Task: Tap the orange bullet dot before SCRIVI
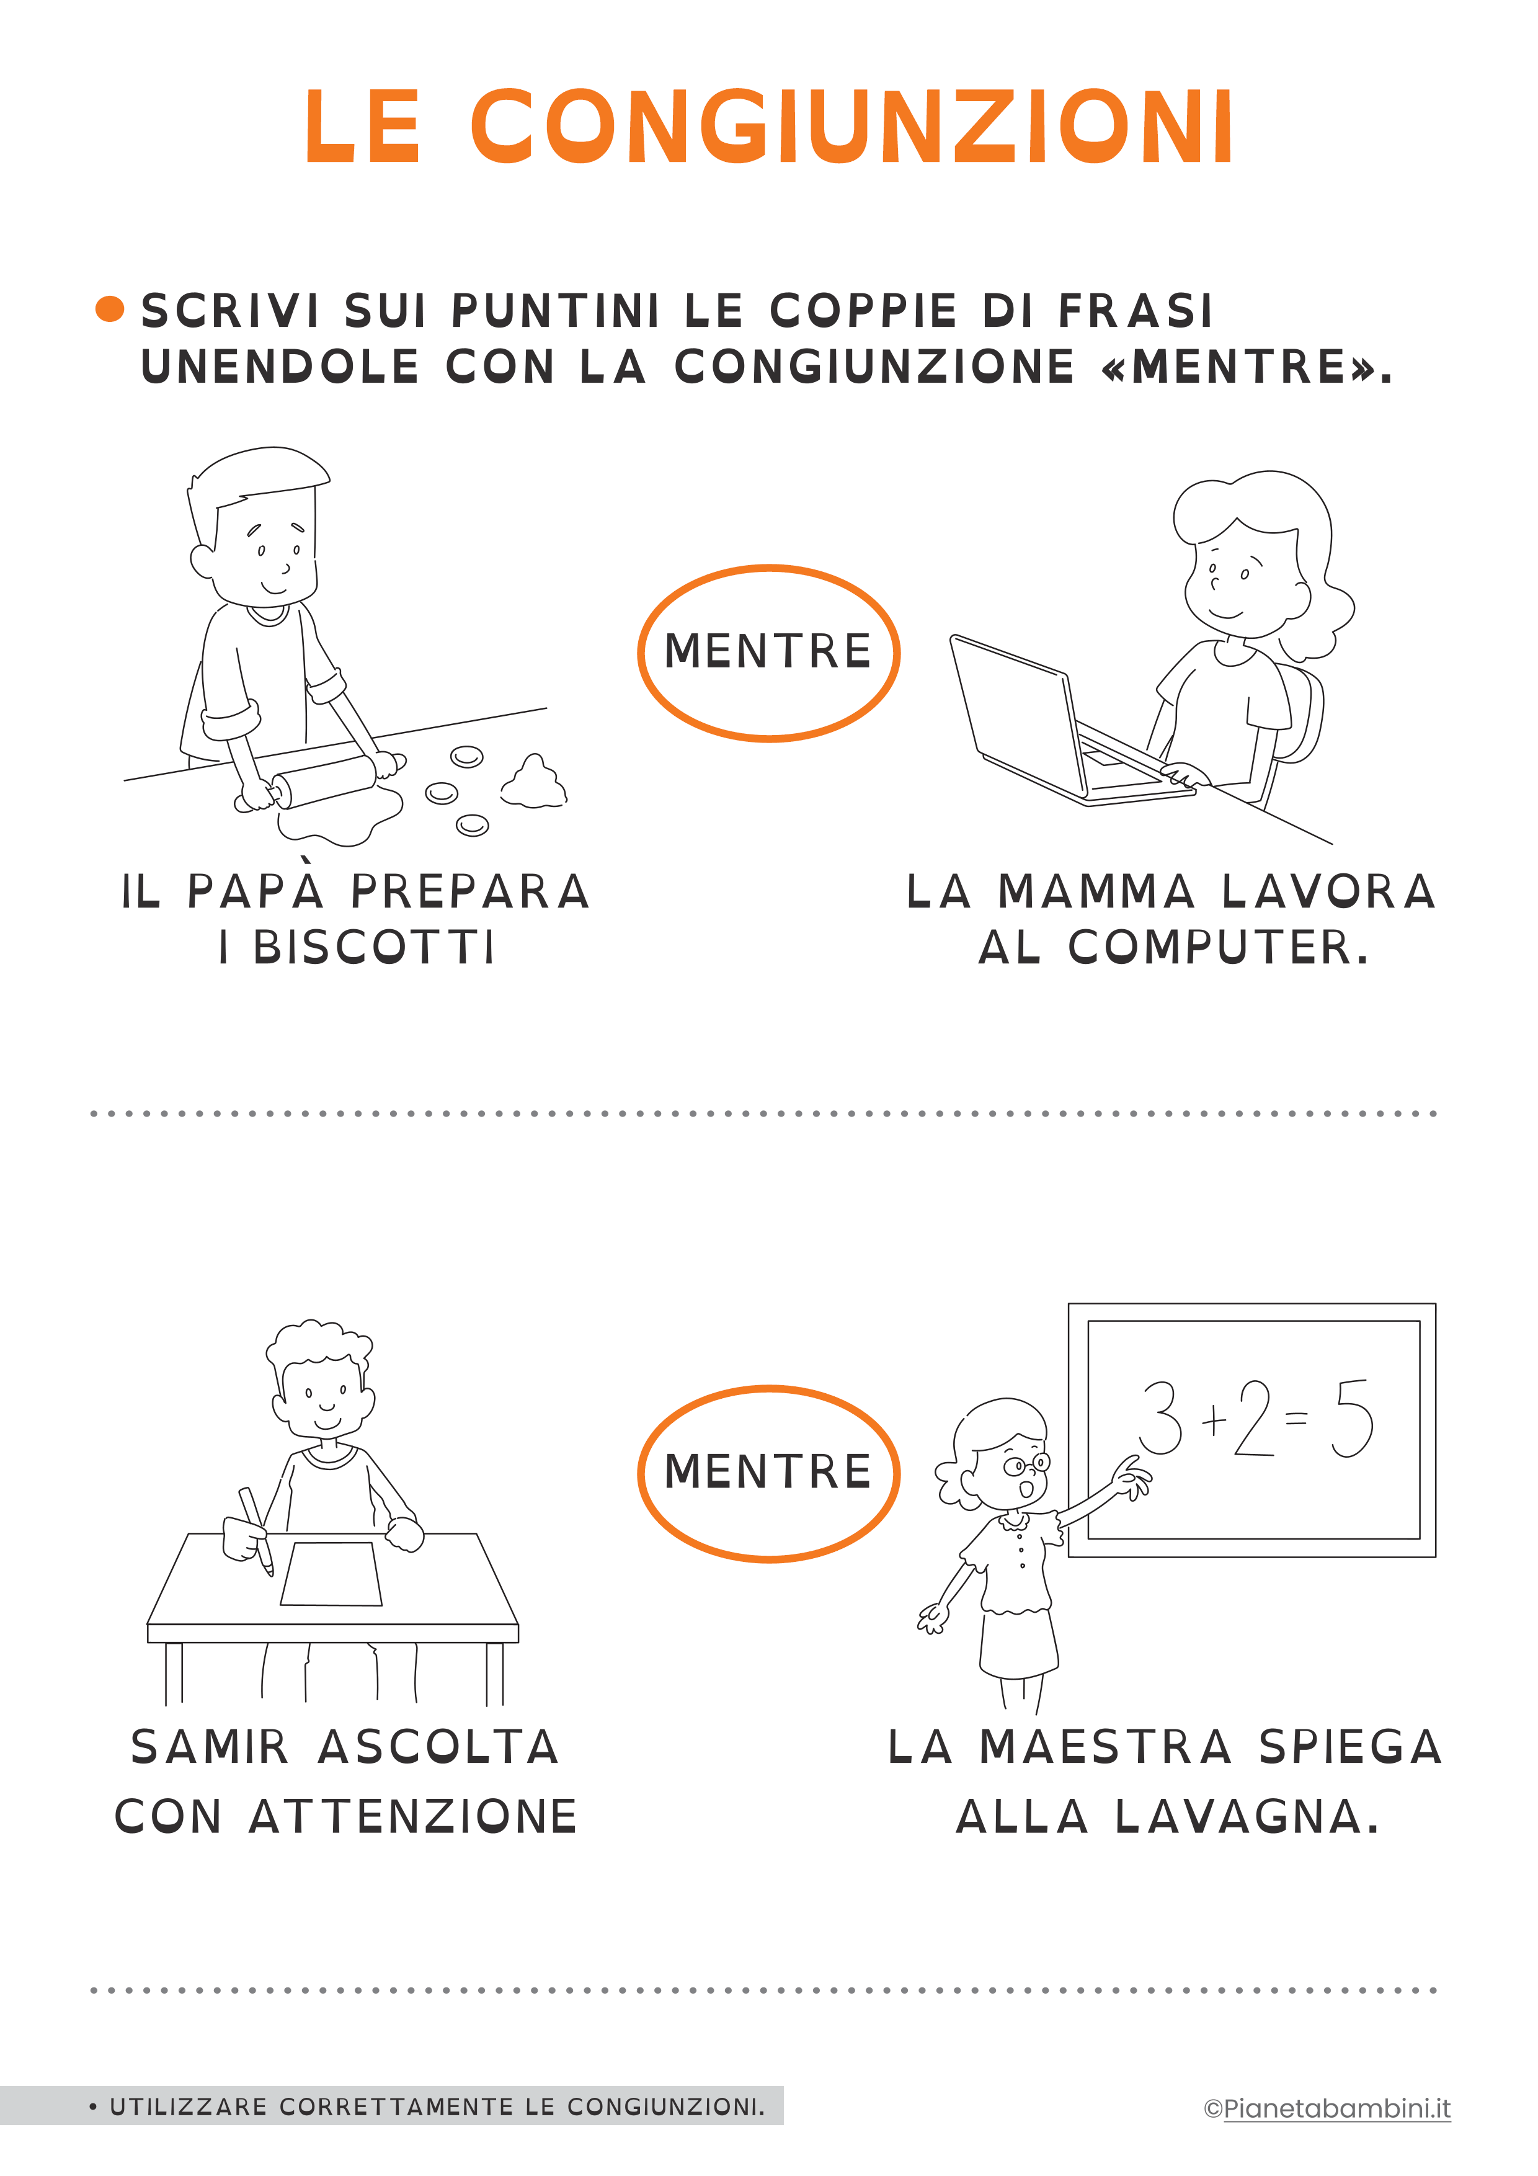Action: coord(110,309)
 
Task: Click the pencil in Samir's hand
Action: coord(256,1530)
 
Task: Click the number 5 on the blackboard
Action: coord(1351,1418)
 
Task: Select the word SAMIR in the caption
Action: coord(210,1747)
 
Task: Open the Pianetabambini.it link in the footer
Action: coord(1336,2109)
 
